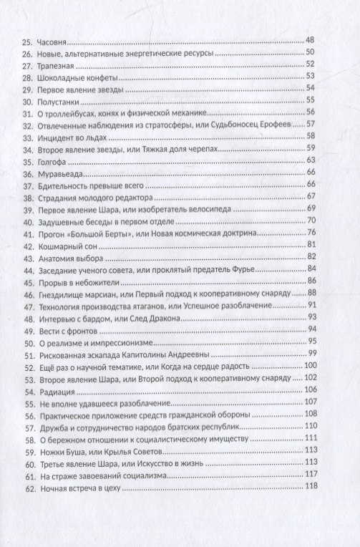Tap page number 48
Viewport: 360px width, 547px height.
(x=330, y=40)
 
